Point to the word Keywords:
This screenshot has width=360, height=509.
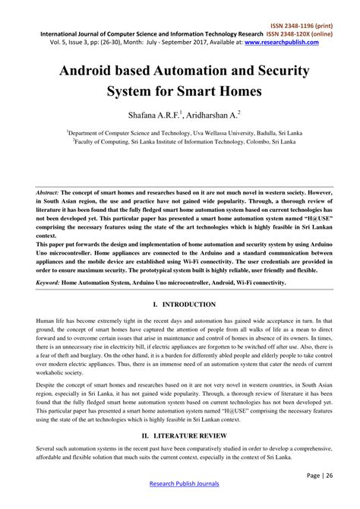pyautogui.click(x=50, y=282)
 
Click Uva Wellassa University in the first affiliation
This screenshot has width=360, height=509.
pyautogui.click(x=199, y=131)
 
